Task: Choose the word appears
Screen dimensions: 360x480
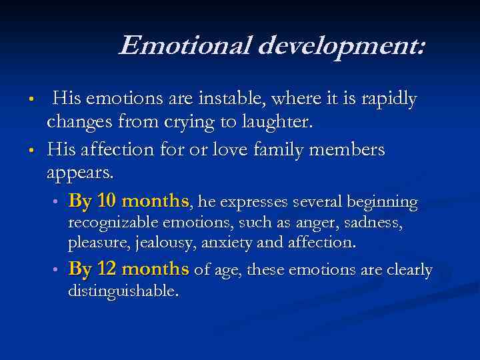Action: [80, 173]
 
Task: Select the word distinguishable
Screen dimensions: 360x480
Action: [123, 291]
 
